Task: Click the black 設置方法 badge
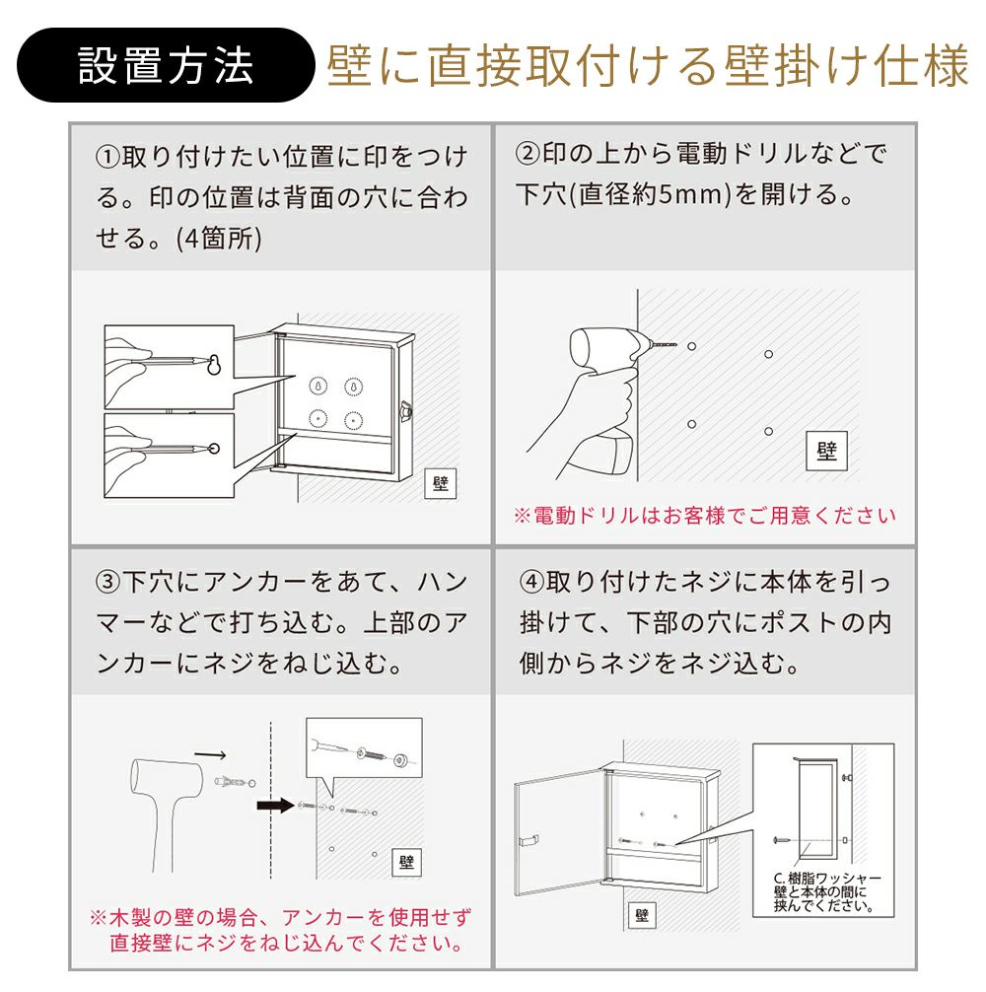(x=166, y=65)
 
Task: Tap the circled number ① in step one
(x=107, y=157)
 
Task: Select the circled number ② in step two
(x=528, y=153)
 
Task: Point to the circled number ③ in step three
(x=107, y=582)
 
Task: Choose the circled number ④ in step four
(x=531, y=582)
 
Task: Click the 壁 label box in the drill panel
(x=826, y=451)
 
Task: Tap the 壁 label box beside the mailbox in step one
(x=440, y=484)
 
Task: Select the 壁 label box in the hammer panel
(x=406, y=862)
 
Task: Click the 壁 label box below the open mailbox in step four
(x=642, y=915)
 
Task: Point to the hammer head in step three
(x=167, y=776)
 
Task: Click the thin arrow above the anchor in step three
(x=210, y=754)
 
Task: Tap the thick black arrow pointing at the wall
(x=276, y=806)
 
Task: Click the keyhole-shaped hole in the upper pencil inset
(x=214, y=364)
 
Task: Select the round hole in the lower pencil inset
(x=214, y=449)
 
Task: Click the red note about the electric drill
(x=705, y=516)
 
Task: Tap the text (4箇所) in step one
(x=220, y=240)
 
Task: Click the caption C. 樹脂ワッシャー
(x=827, y=879)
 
